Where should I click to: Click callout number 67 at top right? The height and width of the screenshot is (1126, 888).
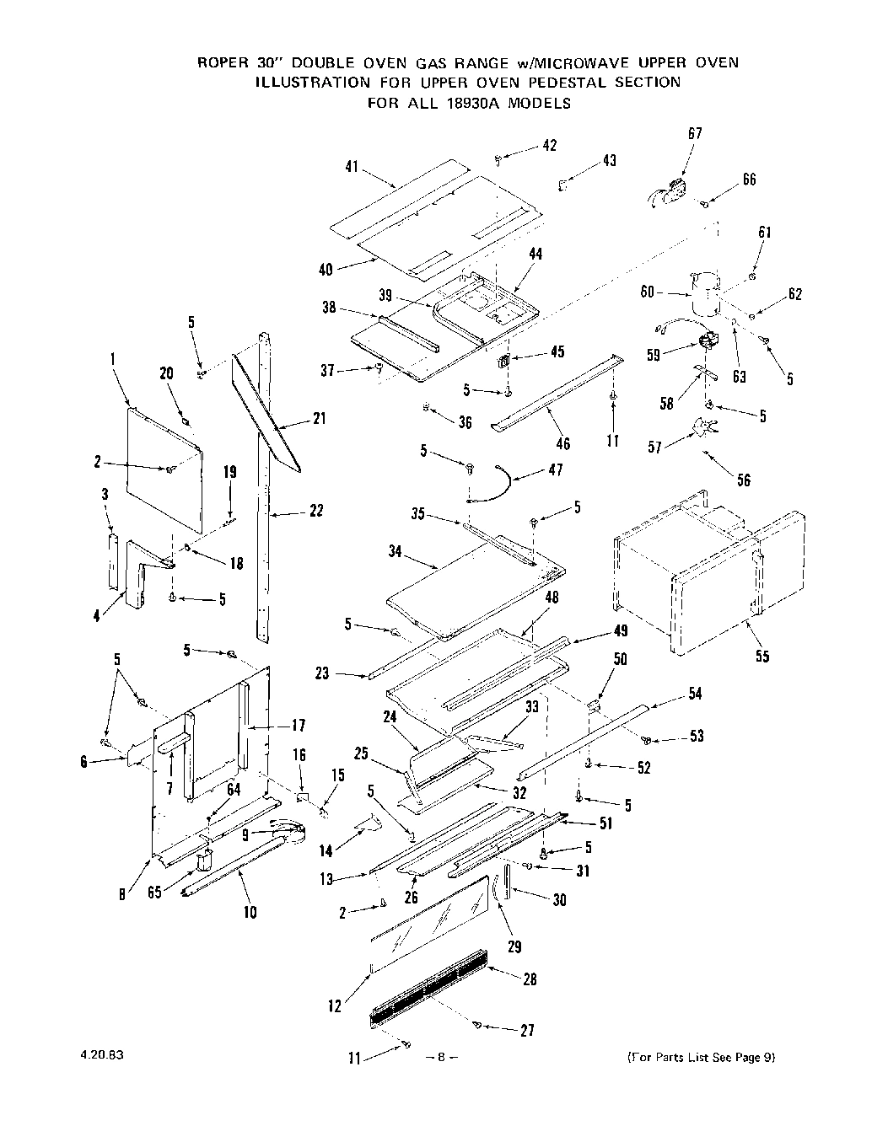coord(695,133)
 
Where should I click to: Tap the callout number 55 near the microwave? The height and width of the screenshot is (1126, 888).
coord(762,656)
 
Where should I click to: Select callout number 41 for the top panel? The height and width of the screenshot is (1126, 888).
coord(353,168)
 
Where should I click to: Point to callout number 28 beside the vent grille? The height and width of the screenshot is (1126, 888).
coord(529,979)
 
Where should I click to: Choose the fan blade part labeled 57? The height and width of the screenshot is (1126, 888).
coord(703,427)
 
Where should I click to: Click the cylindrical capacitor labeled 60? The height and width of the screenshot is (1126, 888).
coord(703,295)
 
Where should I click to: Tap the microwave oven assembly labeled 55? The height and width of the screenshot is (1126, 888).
coord(700,582)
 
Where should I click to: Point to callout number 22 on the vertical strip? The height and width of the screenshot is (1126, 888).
coord(315,510)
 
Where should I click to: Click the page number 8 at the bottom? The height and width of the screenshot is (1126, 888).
coord(443,1057)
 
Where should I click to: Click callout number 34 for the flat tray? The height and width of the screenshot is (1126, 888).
coord(396,554)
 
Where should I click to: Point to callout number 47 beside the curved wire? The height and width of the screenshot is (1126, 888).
coord(555,469)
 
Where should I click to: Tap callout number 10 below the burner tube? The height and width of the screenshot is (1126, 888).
coord(250,911)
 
